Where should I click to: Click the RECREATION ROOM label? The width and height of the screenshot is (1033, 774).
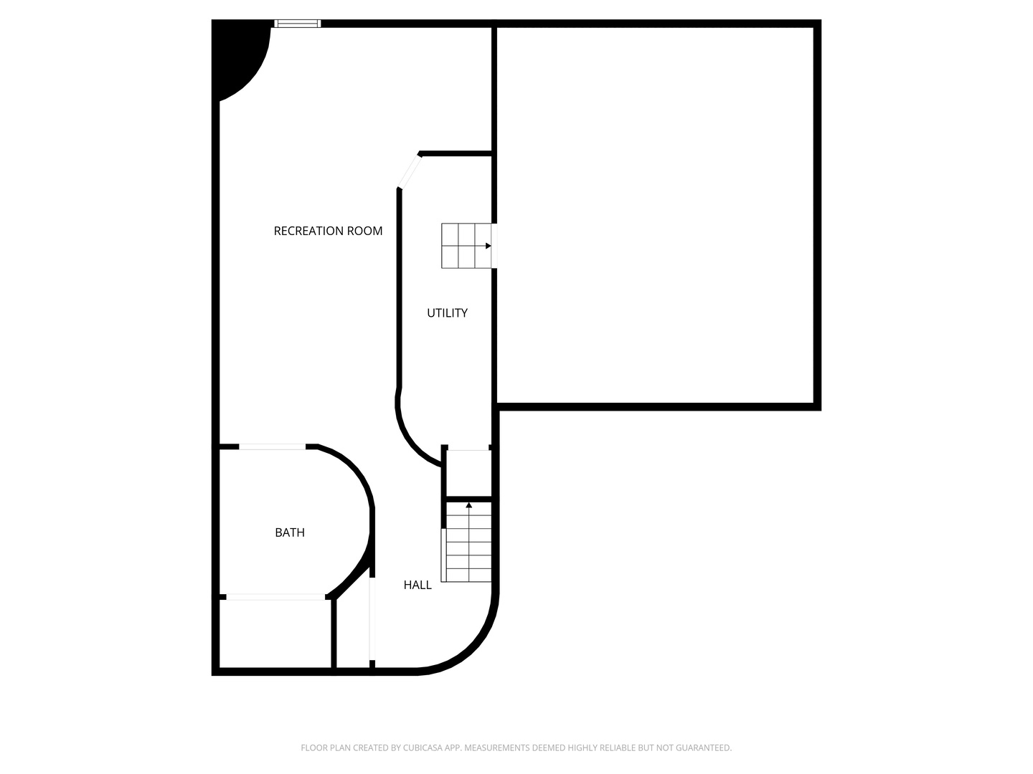[328, 231]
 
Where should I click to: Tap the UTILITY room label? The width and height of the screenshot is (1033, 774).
[447, 312]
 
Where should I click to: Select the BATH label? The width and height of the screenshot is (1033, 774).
[290, 532]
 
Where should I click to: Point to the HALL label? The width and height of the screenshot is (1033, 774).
[418, 585]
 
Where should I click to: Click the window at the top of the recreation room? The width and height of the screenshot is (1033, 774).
[297, 24]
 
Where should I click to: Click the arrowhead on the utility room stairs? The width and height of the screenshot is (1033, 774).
[488, 246]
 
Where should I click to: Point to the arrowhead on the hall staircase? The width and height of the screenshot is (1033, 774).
[469, 506]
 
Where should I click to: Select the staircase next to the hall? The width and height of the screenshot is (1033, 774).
[469, 543]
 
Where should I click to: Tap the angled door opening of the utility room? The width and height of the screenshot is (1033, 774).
[410, 171]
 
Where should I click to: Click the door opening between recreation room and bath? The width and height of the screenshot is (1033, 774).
[273, 446]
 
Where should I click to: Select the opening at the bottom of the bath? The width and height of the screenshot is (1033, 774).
[276, 596]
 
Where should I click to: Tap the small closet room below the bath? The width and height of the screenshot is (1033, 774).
[275, 634]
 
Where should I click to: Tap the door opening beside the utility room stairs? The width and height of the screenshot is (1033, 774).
[494, 246]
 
